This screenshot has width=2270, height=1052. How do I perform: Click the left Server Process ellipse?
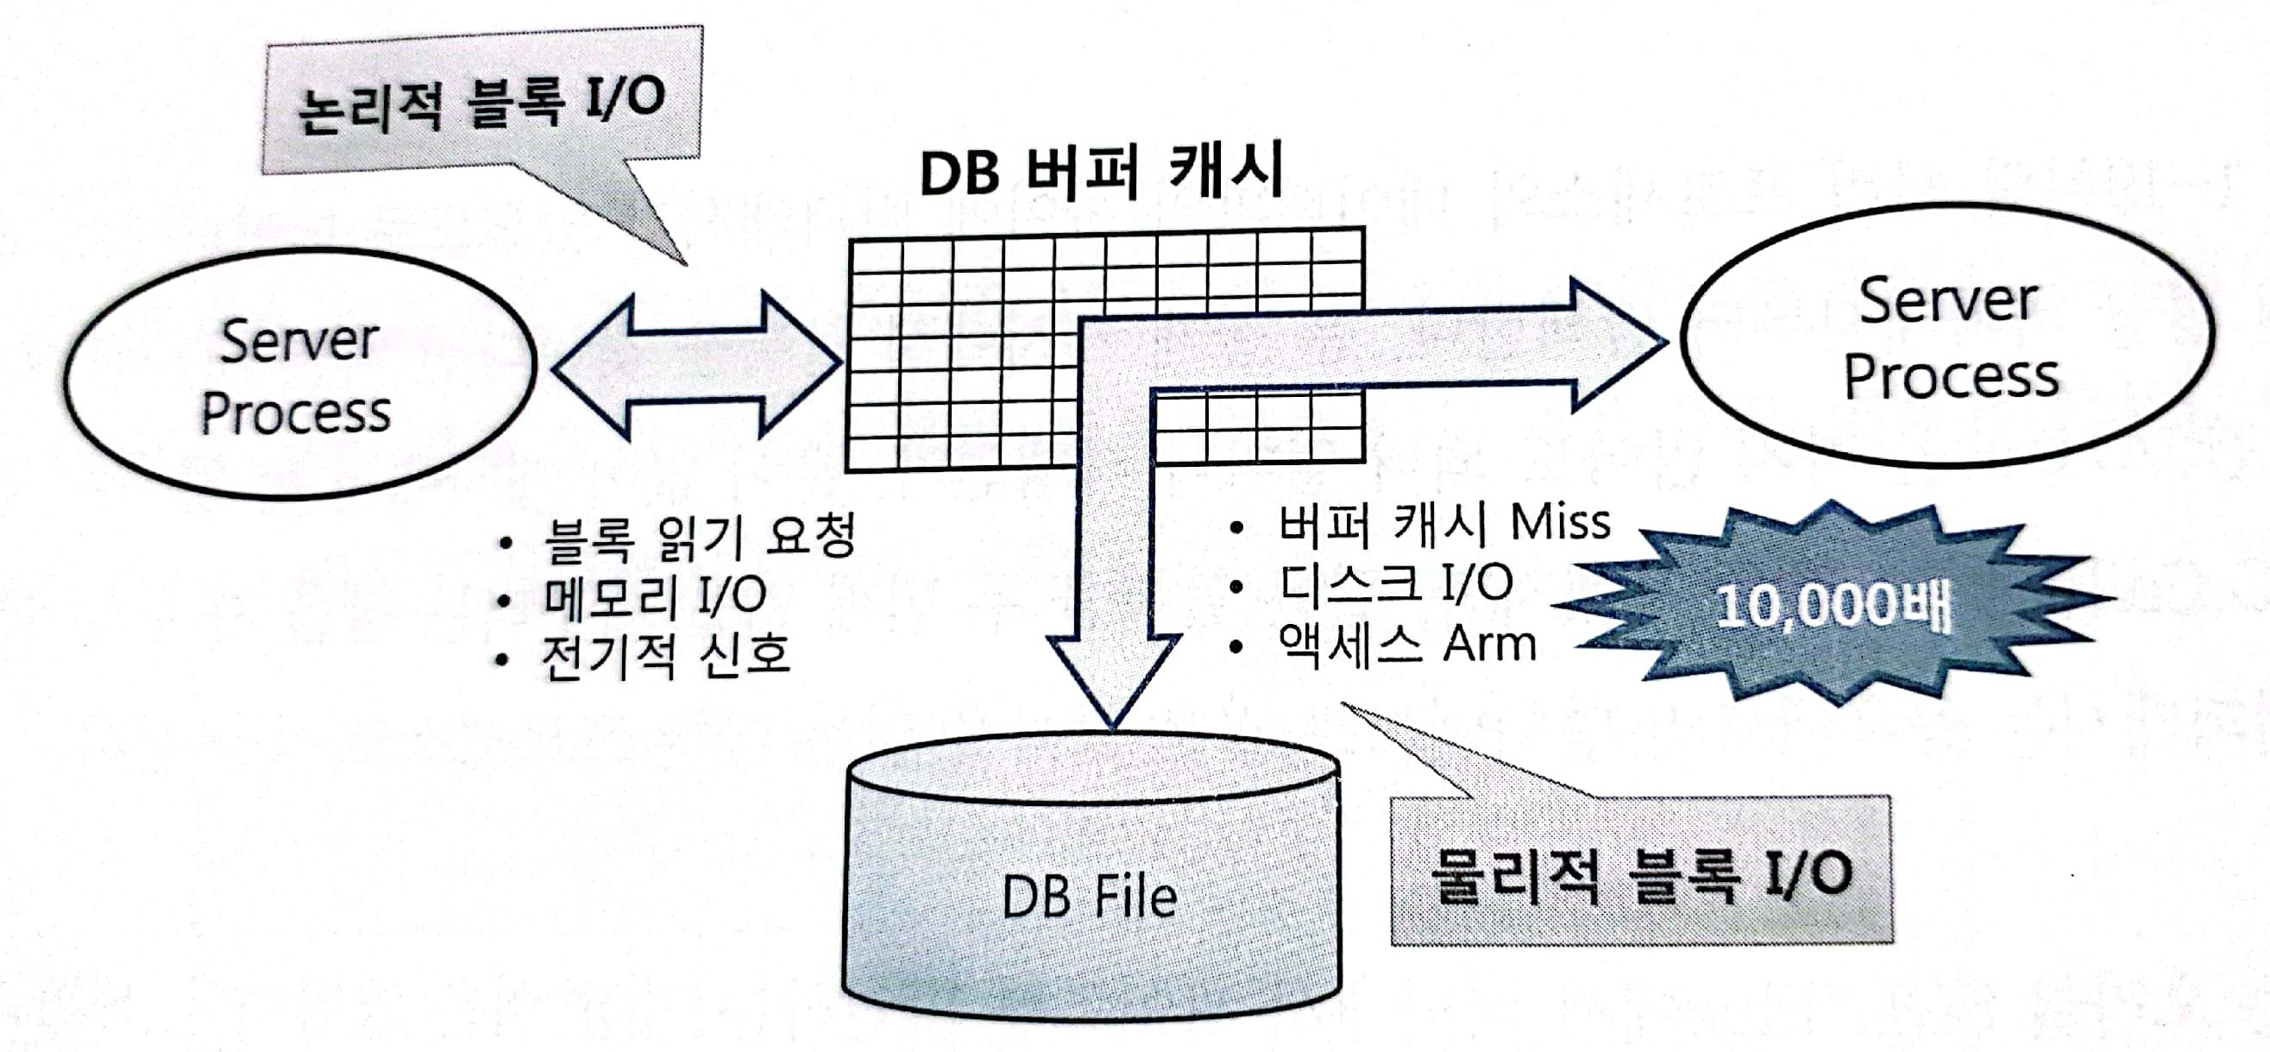[x=299, y=375]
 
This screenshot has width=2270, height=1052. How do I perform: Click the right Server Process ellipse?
[x=1947, y=335]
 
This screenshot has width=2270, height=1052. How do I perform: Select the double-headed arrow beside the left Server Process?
[x=696, y=366]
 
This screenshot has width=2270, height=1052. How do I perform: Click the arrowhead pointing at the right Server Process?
[x=1617, y=343]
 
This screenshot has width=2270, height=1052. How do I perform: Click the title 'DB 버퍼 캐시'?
[x=1102, y=172]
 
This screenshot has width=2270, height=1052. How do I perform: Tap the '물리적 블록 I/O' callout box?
[x=1641, y=872]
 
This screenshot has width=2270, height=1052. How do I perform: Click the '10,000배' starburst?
[x=1833, y=605]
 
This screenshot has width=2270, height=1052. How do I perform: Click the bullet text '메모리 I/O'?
[x=654, y=596]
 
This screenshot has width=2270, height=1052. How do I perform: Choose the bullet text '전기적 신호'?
[x=665, y=657]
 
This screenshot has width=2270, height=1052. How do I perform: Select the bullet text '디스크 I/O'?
[x=1397, y=583]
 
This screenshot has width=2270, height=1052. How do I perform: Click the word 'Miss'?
[x=1561, y=522]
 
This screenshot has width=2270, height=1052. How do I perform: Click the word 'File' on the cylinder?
[x=1135, y=897]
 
